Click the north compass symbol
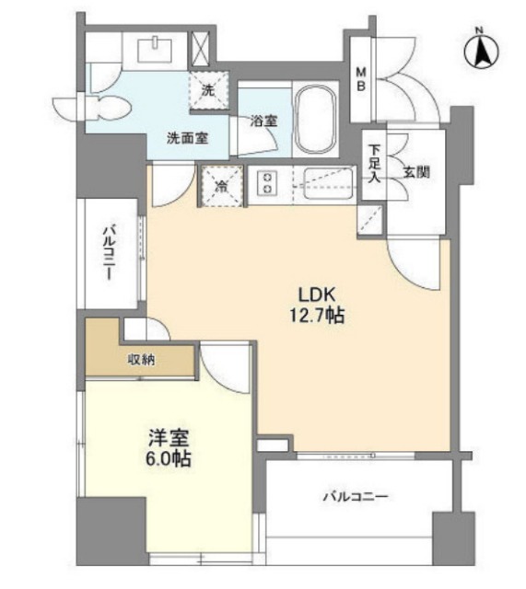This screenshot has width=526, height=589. pos(481,51)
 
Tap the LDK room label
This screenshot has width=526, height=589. pos(317,294)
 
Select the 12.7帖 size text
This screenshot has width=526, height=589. pos(317,315)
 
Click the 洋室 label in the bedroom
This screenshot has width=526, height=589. pos(169,438)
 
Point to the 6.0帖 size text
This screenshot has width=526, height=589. pos(169,458)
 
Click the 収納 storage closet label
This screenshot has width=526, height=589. pos(141,360)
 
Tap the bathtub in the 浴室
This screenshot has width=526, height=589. pos(316,121)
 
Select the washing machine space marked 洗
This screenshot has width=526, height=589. pos(208,90)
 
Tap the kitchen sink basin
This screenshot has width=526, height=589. pos(329,184)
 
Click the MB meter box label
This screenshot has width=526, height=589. pos(361,78)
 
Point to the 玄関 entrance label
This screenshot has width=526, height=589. pos(416,172)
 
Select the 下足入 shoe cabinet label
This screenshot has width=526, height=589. pos(374,164)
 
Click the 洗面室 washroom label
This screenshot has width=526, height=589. pos(188,138)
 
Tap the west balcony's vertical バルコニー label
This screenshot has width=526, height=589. pos(110,252)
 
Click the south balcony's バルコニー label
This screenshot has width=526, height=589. pos(356,497)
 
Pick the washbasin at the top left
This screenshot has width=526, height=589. pos(155,50)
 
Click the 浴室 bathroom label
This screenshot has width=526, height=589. pos(264,121)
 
